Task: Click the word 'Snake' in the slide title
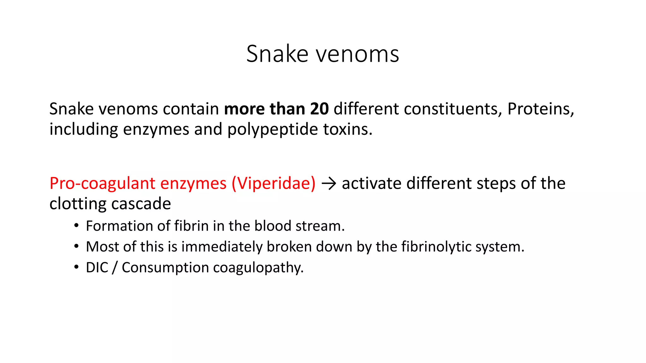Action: (x=277, y=54)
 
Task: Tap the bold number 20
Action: (x=319, y=109)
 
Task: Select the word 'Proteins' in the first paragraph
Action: (x=540, y=109)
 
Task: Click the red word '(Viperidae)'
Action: (x=273, y=183)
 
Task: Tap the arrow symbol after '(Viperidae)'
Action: (x=329, y=184)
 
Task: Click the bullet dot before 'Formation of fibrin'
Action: (x=76, y=226)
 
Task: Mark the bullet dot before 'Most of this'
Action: (x=76, y=246)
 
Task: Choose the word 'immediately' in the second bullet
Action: (x=222, y=247)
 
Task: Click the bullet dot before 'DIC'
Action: (x=76, y=267)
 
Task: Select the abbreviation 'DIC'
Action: (x=97, y=268)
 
